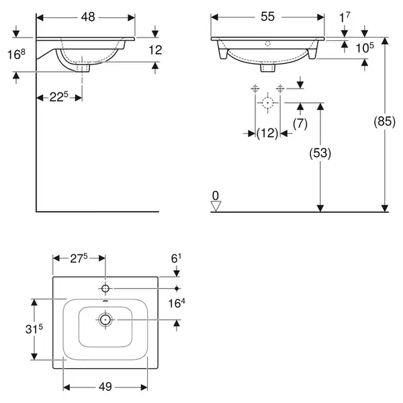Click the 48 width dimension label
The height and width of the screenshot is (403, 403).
coord(88,17)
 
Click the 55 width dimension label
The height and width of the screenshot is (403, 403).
coord(267,17)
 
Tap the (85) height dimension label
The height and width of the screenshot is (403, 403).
coord(384,122)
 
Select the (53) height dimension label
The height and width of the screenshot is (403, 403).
coord(320,153)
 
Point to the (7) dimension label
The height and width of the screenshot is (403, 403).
coord(300,124)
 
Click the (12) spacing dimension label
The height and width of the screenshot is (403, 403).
coord(267,133)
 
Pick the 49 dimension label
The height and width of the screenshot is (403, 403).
coord(105,387)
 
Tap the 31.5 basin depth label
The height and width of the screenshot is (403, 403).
coord(34,328)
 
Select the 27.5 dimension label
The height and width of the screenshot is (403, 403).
coord(79,259)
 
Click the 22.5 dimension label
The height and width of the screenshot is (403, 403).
coord(59,97)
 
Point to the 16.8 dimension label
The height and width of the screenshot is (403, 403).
coord(16,54)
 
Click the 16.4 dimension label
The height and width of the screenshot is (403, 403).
coord(177,304)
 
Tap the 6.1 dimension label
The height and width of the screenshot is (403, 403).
coord(176,259)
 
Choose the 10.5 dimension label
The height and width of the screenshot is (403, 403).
coord(365,48)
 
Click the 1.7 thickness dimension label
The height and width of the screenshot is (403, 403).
coord(345,17)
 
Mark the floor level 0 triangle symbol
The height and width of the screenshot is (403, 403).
coord(216,206)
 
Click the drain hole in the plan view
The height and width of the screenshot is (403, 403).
coord(105,320)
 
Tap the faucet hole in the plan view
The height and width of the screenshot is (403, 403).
coord(105,288)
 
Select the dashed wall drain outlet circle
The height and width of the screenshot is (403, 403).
coord(267,103)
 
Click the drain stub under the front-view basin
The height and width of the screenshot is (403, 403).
coord(268,68)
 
